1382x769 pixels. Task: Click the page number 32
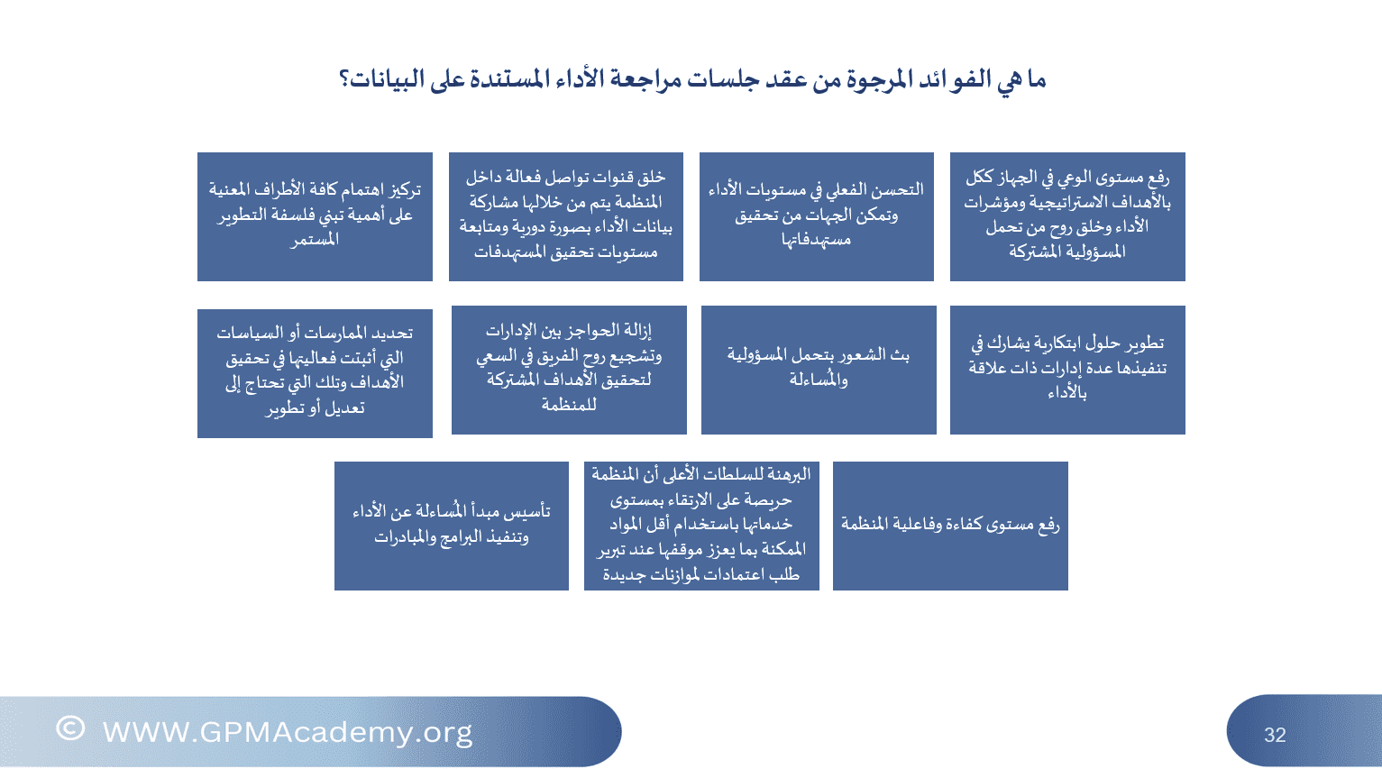click(1275, 735)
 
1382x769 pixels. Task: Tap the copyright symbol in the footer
click(70, 728)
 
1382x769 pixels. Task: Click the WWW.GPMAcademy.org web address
click(288, 733)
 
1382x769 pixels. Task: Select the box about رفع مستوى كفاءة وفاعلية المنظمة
click(950, 526)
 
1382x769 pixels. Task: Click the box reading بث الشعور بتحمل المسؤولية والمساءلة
click(819, 370)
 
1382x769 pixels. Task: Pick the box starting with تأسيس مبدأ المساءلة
click(452, 526)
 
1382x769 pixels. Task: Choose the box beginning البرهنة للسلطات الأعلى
click(701, 526)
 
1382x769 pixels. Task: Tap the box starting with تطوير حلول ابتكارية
click(1067, 370)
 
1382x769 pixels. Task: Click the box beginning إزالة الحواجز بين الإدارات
click(569, 370)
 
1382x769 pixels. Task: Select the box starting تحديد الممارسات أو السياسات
click(315, 373)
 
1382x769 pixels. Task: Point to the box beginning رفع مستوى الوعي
click(1067, 216)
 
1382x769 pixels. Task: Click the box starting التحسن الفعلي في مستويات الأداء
click(816, 216)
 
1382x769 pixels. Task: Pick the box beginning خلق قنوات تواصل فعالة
click(566, 216)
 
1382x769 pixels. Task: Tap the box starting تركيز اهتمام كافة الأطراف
click(315, 216)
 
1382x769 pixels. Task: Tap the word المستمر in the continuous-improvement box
click(315, 240)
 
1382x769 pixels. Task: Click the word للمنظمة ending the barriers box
click(569, 405)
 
